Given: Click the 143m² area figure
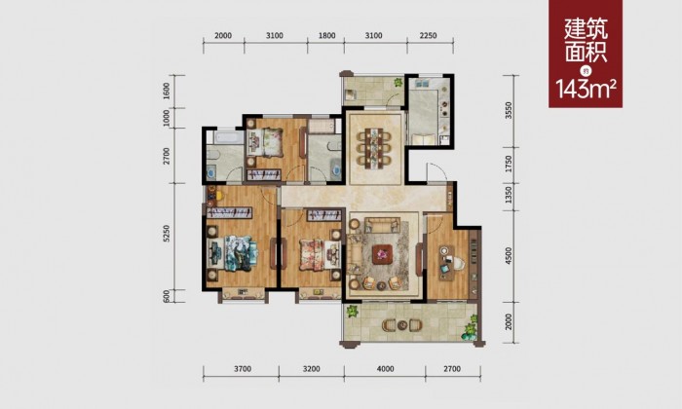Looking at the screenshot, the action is point(586,90).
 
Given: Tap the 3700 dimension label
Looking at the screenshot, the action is point(243,369).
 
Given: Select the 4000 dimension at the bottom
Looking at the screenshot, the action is point(385,369).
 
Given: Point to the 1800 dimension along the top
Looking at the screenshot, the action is point(326,36).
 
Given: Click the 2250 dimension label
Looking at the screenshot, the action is point(428,36).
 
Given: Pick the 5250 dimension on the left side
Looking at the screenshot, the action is point(167,234).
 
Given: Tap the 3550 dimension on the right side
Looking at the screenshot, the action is point(509,110).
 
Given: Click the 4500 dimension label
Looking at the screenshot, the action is point(509,255).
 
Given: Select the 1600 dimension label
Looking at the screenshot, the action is point(167,92).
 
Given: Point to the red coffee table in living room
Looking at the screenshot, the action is point(383,252).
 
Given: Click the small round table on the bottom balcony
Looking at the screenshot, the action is point(401,324).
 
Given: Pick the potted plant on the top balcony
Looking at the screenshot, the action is point(398,82).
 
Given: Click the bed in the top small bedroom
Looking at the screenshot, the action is point(264,141).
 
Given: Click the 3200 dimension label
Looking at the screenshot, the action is point(311,369).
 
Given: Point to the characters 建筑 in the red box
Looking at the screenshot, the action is point(586,29).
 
